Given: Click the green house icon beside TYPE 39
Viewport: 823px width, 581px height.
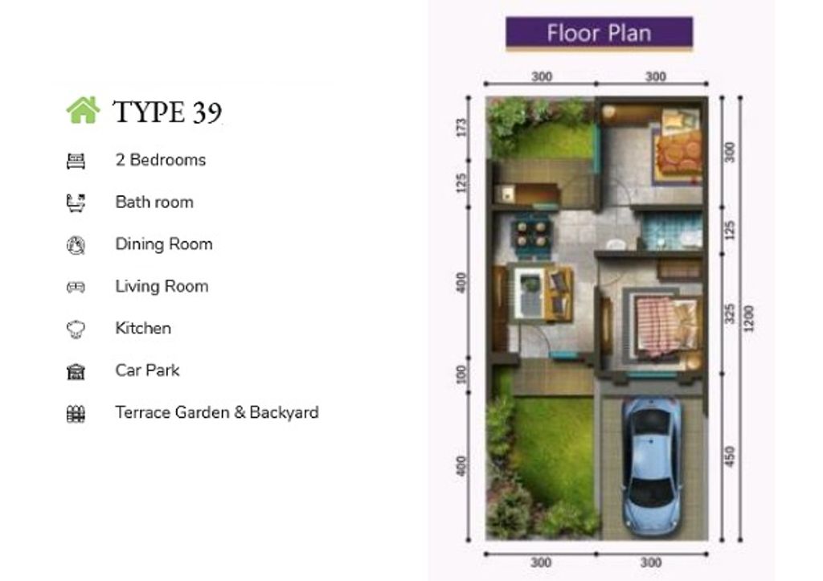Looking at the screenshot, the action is point(83,110).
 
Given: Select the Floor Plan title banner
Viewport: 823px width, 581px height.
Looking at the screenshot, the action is point(599,32).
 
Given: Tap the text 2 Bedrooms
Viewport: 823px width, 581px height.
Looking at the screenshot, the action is point(161,160).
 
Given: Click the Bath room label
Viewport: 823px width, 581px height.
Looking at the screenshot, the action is point(154,202).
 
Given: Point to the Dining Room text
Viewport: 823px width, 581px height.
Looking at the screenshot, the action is point(164,244).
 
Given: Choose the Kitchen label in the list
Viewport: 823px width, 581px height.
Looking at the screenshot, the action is point(143,328).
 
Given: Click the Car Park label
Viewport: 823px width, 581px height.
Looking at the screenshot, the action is point(148,370).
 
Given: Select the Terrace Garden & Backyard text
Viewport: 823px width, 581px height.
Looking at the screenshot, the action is point(217,412).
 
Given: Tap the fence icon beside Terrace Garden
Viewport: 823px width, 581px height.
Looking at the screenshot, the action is point(76,414).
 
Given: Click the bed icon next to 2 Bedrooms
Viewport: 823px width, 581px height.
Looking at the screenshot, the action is point(76,161).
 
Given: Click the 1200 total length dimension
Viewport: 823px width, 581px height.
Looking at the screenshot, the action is point(749,318).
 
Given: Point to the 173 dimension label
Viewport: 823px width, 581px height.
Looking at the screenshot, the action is point(461,128).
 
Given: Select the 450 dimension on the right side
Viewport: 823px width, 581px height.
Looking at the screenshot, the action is point(730,456).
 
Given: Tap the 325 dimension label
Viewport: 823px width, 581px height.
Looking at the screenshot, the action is point(730,313).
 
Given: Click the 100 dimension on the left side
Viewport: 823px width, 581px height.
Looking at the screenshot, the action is point(461,374).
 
